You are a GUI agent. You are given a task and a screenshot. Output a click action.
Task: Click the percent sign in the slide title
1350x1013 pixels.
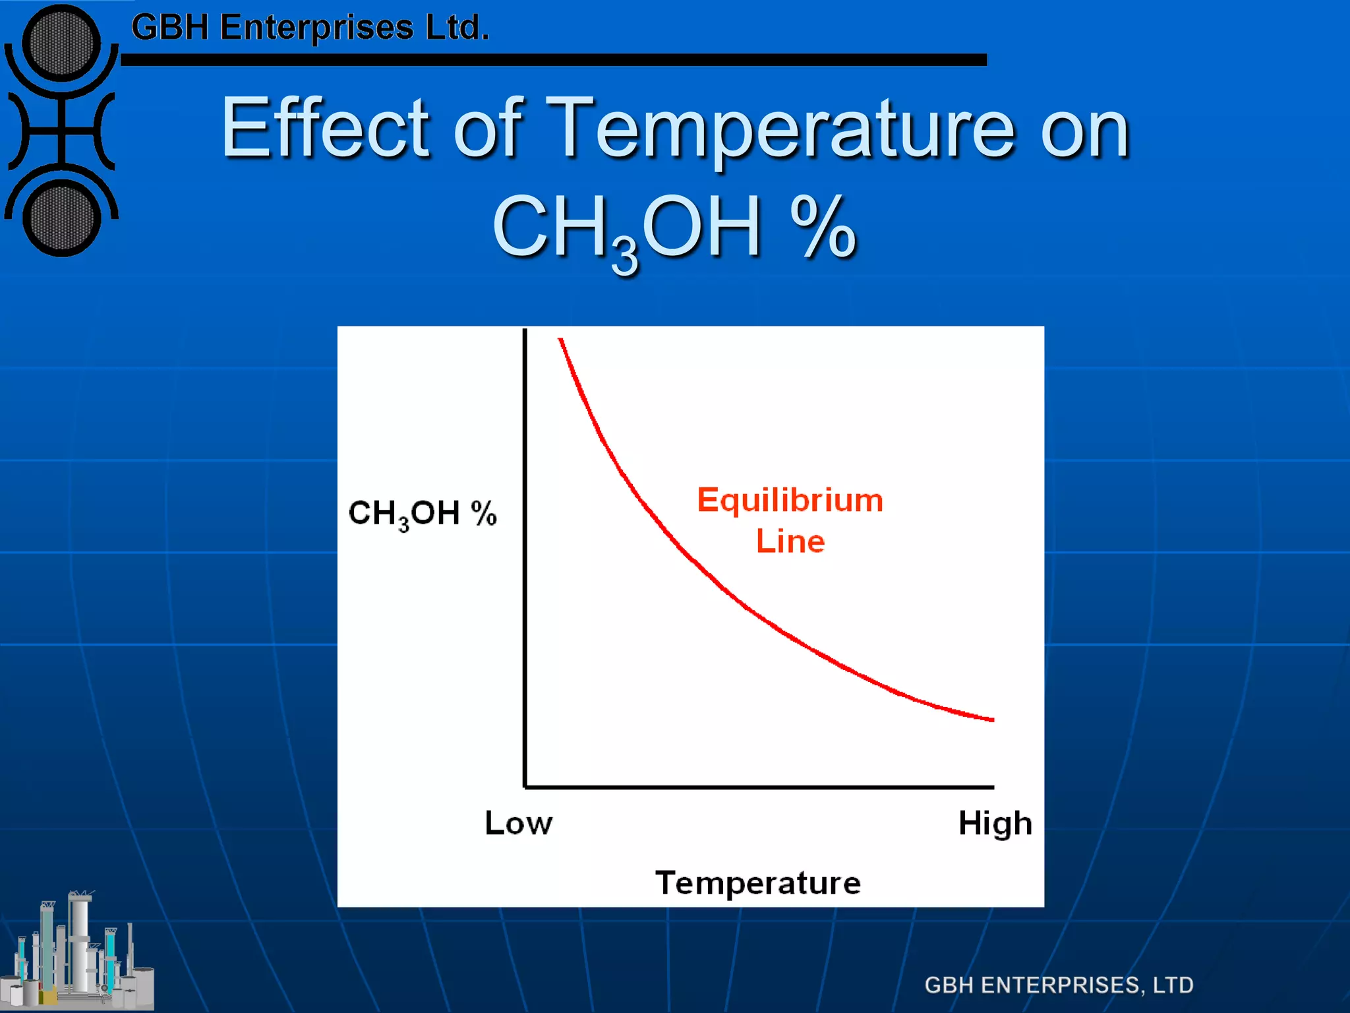pos(823,228)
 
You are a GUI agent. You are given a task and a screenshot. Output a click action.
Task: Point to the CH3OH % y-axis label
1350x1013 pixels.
pos(422,513)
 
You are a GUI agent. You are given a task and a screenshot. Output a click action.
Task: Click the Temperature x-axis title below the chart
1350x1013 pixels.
pos(757,882)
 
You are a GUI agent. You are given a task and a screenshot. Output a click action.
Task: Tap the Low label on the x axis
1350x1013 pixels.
pos(518,823)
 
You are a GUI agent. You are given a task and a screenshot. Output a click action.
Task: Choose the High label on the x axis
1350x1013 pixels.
pos(995,824)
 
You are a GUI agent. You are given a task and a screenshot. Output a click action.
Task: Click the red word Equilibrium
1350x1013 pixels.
pos(790,500)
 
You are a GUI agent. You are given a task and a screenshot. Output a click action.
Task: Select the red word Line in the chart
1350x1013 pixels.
pos(790,541)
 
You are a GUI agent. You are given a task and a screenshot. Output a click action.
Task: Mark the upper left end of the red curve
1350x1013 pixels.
pos(561,340)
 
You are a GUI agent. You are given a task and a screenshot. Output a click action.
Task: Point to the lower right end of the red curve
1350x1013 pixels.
pos(991,720)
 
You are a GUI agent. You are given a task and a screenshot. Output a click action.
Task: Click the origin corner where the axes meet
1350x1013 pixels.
pos(525,787)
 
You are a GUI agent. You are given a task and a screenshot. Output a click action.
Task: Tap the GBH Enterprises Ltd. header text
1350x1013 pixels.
pos(310,28)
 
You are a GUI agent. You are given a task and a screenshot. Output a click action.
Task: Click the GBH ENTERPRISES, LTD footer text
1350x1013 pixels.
pos(1059,985)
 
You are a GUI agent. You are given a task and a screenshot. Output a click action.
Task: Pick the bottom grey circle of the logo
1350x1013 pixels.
pos(61,219)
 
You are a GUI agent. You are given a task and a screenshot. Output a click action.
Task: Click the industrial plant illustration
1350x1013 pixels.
pos(78,953)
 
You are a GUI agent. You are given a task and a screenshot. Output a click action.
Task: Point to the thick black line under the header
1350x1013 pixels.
pos(554,60)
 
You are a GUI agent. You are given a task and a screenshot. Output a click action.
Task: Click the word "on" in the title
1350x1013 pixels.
pos(1085,129)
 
